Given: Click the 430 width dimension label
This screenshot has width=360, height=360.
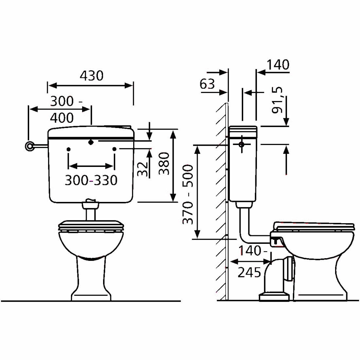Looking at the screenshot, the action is [x=92, y=76].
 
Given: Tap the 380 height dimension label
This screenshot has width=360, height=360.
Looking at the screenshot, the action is [x=164, y=163].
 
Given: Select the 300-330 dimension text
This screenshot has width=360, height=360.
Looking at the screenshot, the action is [x=91, y=180].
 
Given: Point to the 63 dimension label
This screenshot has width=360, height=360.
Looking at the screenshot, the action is [x=207, y=84].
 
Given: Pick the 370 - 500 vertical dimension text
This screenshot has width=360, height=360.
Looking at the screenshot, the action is [x=188, y=194].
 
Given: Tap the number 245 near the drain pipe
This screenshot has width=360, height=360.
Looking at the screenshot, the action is [x=249, y=273].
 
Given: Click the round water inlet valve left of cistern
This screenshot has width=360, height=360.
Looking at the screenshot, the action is [x=29, y=146].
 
